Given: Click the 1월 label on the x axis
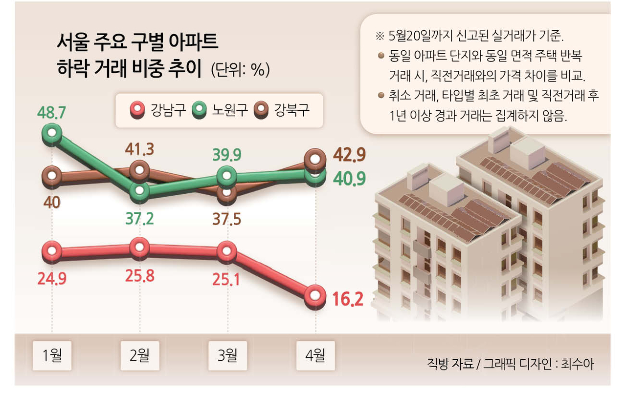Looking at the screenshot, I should pos(52,355).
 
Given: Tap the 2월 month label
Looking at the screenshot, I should pos(140,355).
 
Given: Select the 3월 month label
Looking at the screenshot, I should pos(227,355).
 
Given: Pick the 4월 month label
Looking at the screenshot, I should pos(315,355).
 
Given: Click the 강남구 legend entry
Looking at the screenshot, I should pos(159,111).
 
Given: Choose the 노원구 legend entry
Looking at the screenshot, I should pos(220,111).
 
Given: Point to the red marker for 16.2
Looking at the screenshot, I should pos(315,295).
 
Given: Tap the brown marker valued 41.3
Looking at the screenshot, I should pos(140,170).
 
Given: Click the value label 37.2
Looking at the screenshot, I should pos(140,218).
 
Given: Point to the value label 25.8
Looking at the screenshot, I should pos(140,276).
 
